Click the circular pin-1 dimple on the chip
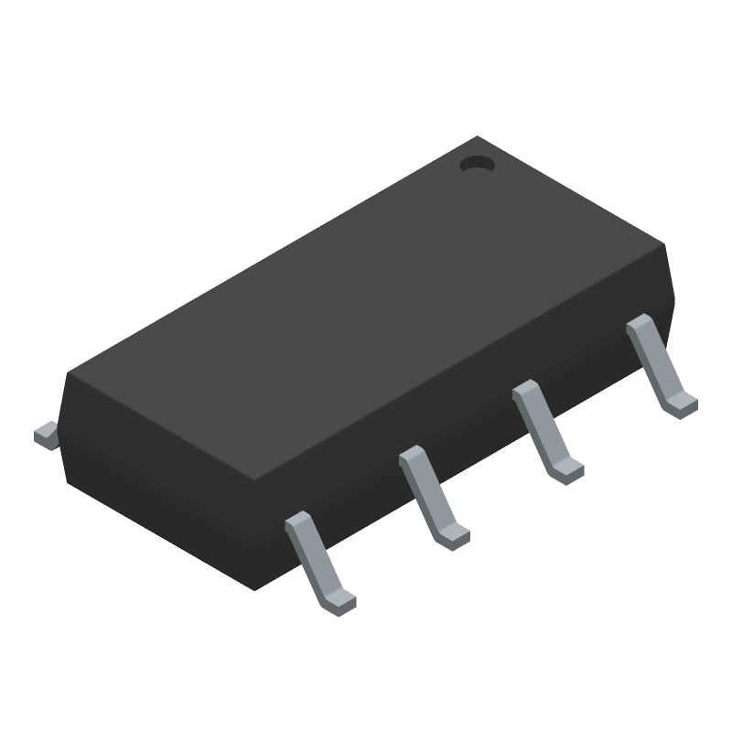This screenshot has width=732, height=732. point(475,165)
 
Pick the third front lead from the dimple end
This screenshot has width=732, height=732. point(432,499)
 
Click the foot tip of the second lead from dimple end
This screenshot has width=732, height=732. point(568,470)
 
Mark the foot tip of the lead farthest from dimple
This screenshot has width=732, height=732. point(340,601)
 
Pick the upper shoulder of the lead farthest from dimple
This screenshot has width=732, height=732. point(298,525)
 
